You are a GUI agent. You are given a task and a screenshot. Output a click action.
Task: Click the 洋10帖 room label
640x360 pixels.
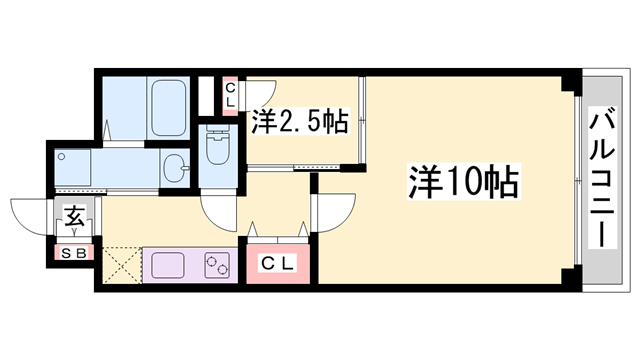tap(461, 181)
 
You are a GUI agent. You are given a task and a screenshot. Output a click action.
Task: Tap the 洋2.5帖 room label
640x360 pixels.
tap(299, 123)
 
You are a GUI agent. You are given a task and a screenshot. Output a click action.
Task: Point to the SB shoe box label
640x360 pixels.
tap(75, 252)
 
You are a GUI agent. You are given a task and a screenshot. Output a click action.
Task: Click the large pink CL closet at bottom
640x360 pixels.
tap(277, 264)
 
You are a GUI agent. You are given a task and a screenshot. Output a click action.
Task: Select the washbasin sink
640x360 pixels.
tap(177, 168)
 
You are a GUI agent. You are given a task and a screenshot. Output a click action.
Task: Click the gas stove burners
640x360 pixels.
tap(217, 265)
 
